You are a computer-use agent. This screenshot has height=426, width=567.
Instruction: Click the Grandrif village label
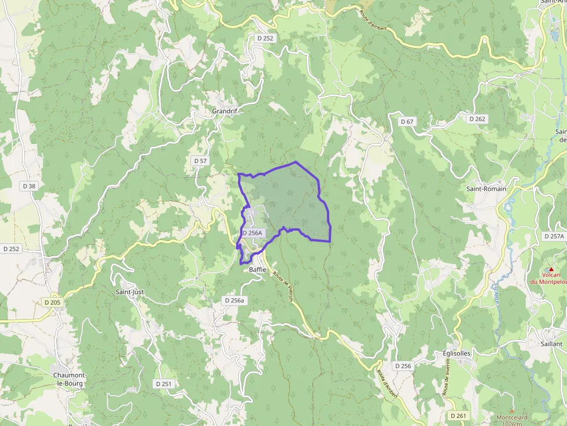224,111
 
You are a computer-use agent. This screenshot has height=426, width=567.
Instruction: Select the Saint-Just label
130,292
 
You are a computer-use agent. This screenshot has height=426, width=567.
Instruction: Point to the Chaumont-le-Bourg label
69,379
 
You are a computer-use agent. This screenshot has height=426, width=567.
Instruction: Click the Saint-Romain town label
486,188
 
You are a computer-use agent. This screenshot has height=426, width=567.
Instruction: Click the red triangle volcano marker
551,269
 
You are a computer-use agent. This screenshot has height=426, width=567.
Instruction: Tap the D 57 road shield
200,160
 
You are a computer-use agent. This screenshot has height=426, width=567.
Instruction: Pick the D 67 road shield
407,121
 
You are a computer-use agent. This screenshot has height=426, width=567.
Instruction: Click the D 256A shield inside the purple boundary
252,233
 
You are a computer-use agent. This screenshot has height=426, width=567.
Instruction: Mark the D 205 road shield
51,302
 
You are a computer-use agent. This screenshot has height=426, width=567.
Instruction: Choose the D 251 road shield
164,384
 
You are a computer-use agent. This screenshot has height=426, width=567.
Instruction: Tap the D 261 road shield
458,416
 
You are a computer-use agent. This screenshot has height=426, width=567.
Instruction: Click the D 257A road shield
554,236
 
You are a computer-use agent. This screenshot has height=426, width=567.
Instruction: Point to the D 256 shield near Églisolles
403,366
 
